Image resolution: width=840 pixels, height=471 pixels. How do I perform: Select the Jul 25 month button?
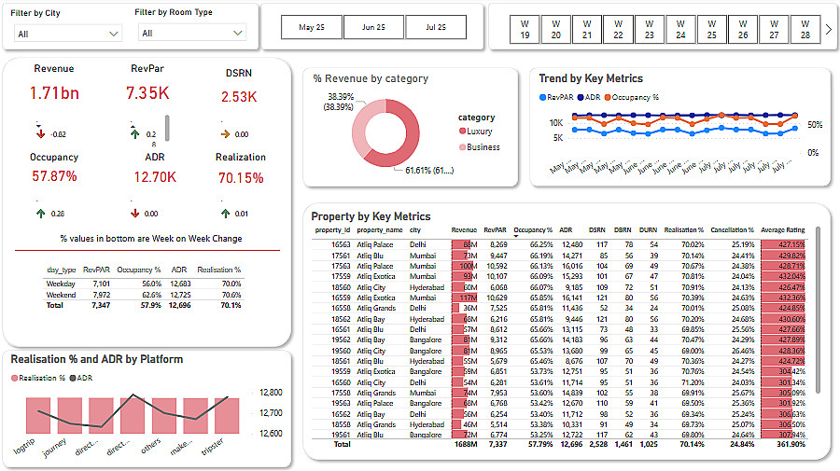[435, 28]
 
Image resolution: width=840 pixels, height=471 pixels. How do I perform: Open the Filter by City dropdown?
[68, 34]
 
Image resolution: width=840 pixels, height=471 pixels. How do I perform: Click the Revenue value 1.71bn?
[53, 93]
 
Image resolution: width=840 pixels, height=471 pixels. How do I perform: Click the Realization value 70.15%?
[240, 177]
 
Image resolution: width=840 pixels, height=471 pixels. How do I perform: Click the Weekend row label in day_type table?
[62, 295]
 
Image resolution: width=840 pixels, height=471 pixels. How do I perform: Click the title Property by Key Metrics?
[371, 216]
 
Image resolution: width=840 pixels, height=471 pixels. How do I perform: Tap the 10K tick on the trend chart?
[555, 123]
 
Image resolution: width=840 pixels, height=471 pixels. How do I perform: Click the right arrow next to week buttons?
[827, 29]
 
